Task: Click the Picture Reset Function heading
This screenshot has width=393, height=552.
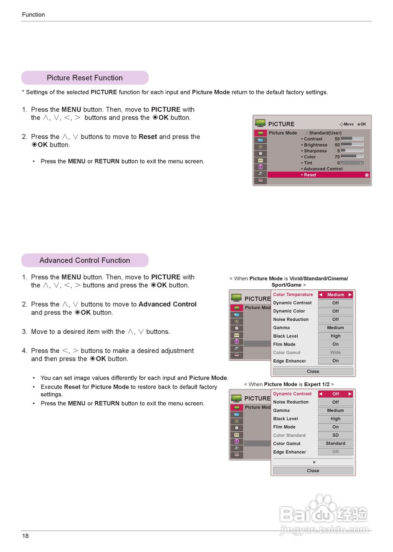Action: click(85, 78)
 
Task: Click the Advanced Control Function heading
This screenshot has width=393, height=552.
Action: click(85, 260)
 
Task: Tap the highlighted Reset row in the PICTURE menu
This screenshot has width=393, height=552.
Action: click(318, 175)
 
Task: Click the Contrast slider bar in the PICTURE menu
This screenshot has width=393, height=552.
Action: click(352, 139)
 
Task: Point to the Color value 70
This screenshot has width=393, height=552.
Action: click(337, 157)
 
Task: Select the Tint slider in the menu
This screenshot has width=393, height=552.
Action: click(352, 163)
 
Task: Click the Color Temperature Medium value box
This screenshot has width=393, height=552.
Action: click(336, 295)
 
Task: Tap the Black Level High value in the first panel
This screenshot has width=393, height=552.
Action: click(336, 336)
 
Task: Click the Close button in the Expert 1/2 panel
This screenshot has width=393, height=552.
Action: click(313, 471)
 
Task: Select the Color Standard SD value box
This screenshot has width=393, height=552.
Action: click(336, 435)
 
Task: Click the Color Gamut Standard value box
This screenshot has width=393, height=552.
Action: click(336, 443)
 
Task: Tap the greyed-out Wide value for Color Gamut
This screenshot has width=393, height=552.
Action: click(336, 352)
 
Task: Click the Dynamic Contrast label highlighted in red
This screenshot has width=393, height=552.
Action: click(292, 394)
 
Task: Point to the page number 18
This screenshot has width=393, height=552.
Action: click(25, 536)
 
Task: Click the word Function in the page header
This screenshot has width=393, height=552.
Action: click(33, 15)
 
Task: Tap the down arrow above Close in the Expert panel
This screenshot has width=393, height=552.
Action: click(314, 463)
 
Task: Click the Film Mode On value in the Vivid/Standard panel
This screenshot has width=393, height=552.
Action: click(336, 344)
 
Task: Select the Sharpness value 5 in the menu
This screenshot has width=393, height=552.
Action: click(338, 151)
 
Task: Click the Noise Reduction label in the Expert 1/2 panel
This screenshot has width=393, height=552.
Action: click(291, 402)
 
